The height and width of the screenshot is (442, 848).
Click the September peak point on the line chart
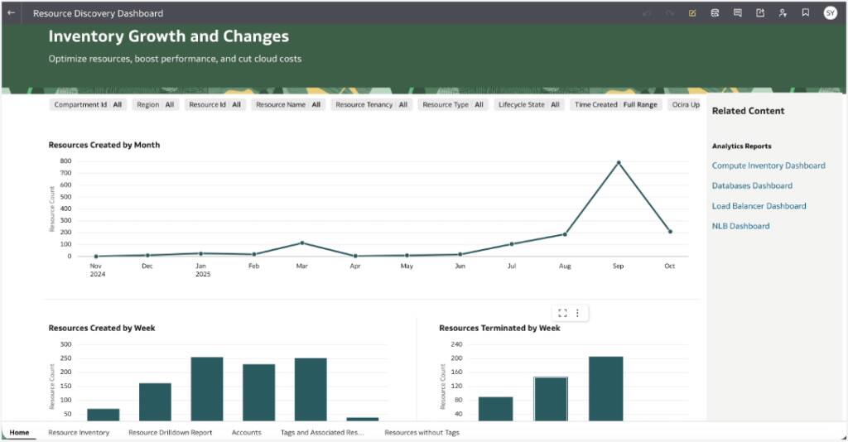coord(618,163)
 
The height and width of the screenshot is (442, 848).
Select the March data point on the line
coord(301,243)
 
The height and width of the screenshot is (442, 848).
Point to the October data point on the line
coord(670,232)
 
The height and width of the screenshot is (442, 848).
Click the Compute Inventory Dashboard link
coord(768,166)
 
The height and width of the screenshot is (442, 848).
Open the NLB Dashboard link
coord(740,226)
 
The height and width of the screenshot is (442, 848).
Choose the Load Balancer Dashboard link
coord(759,206)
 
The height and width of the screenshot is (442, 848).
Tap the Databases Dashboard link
coord(752,186)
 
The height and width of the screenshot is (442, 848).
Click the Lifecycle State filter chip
coord(528,105)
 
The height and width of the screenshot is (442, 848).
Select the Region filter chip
coord(156,105)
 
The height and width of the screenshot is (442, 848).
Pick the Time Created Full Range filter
coord(616,105)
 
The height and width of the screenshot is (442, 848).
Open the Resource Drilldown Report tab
coord(170,433)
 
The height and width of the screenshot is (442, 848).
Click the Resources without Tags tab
coord(422,433)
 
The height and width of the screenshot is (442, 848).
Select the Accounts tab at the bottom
coord(246,433)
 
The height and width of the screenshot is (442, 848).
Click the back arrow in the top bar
coord(12,13)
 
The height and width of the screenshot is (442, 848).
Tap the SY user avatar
coord(830,13)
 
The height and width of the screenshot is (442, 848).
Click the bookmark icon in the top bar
coord(805,13)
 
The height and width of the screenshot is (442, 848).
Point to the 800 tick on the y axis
coord(65,161)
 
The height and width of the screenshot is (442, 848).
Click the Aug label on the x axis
coord(565,267)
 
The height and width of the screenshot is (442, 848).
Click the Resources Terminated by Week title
coord(499,329)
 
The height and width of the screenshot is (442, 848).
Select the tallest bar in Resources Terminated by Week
coord(605,387)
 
